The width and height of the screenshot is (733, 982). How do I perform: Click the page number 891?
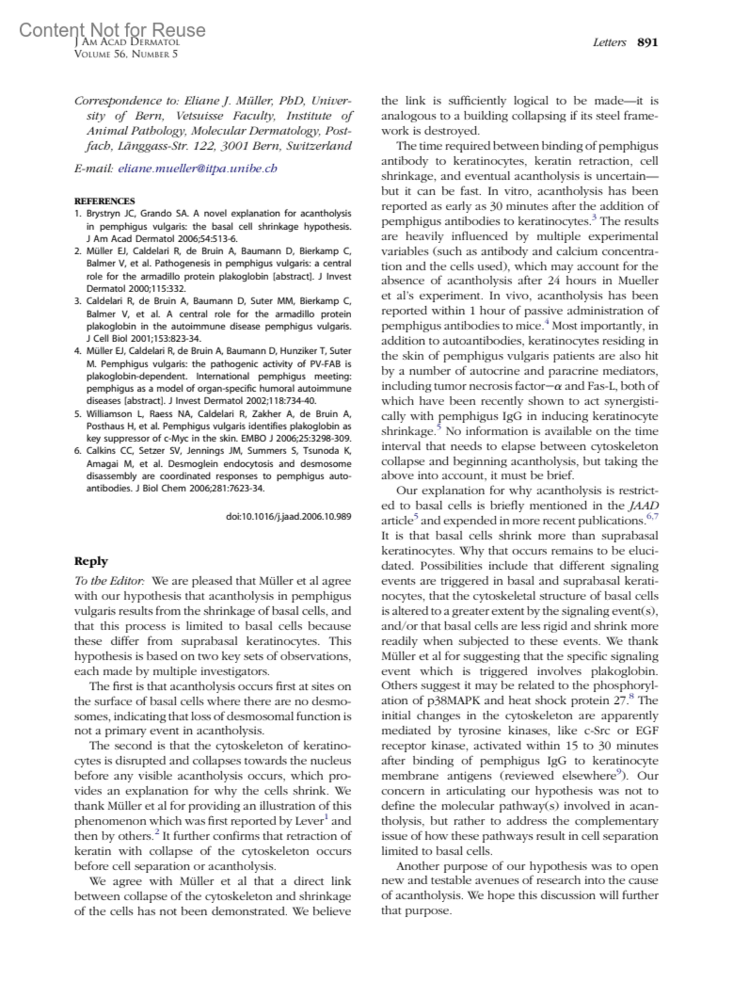[x=647, y=42]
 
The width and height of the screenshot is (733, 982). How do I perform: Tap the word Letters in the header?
[x=609, y=42]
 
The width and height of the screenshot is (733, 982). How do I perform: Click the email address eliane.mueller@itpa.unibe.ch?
[x=197, y=168]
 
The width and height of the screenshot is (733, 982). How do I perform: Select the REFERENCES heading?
[x=104, y=201]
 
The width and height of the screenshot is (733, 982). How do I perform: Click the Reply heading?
[x=91, y=561]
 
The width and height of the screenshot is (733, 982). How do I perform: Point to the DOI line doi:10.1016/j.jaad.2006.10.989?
[x=288, y=516]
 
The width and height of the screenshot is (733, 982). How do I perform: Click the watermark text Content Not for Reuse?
[x=112, y=29]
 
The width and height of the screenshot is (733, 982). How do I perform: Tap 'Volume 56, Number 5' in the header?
[x=126, y=54]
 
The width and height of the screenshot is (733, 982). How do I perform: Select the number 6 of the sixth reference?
[x=78, y=451]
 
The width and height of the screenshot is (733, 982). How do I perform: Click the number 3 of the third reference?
[x=78, y=301]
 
